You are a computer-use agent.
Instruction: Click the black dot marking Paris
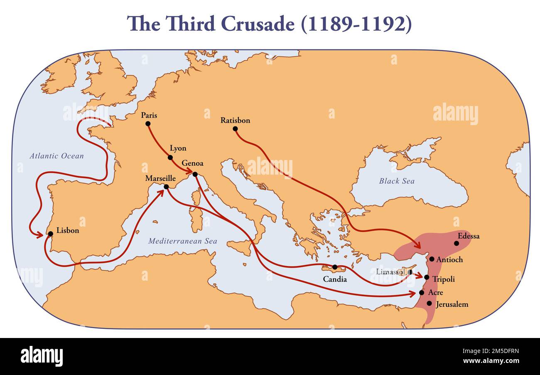[x=148, y=123]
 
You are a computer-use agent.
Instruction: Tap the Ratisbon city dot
[x=235, y=128]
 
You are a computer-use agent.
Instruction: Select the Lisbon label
[x=68, y=230]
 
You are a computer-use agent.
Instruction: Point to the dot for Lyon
[x=170, y=157]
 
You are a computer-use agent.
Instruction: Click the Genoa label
[x=192, y=163]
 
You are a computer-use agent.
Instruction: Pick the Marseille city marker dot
[x=166, y=187]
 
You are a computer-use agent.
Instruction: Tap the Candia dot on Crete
[x=334, y=267]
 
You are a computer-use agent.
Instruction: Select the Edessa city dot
[x=457, y=243]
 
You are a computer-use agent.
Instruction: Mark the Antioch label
[x=449, y=259]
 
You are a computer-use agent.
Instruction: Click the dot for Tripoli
[x=427, y=277]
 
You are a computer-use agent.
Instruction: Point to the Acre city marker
[x=422, y=293]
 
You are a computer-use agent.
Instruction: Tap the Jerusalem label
[x=452, y=304]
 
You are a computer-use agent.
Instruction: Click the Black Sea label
[x=397, y=181]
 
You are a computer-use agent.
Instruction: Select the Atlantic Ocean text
[x=56, y=156]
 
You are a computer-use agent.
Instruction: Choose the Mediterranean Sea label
[x=183, y=241]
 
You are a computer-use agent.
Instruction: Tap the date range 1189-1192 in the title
[x=356, y=24]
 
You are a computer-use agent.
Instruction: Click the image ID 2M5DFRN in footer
[x=497, y=351]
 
